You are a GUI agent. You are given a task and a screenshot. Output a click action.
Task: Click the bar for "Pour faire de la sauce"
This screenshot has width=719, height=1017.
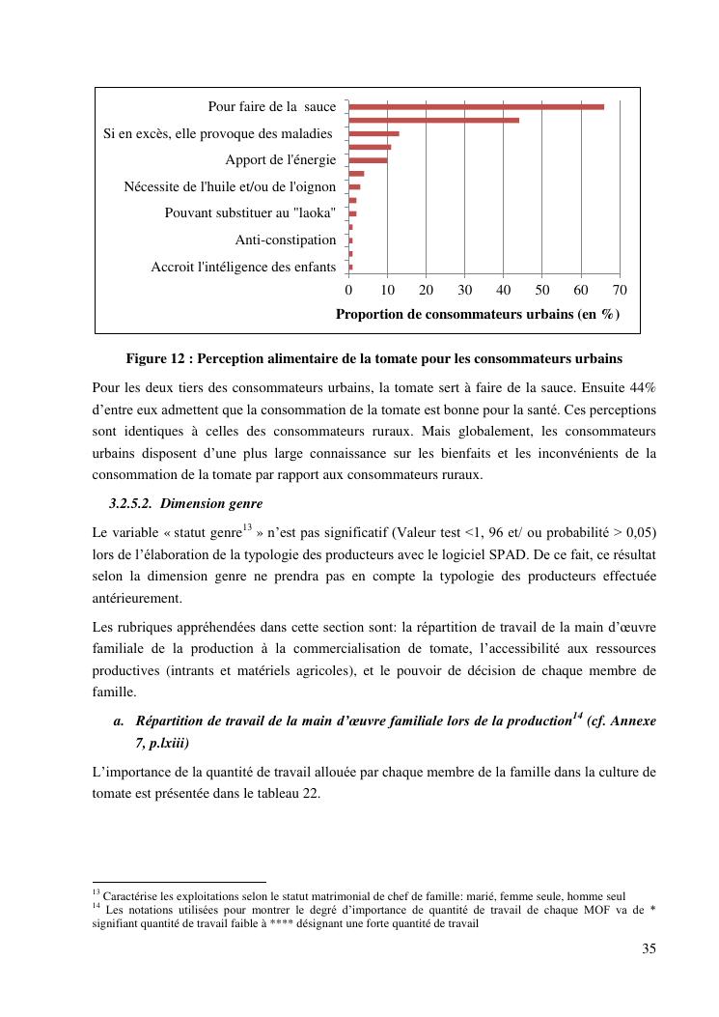pos(476,106)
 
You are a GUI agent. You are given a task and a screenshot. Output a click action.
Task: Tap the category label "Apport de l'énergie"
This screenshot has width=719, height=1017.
pos(280,159)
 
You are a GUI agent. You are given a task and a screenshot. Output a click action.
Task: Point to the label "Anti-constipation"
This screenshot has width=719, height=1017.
pos(286,240)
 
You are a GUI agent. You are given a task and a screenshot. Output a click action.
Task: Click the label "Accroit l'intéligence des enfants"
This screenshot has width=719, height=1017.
pos(243,267)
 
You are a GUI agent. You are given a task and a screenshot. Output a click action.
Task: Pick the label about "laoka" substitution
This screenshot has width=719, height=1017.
pos(250,212)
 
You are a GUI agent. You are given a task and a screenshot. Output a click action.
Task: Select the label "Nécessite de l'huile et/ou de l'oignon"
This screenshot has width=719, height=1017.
pos(230,186)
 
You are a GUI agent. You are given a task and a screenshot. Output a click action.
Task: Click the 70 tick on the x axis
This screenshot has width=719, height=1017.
pos(620,290)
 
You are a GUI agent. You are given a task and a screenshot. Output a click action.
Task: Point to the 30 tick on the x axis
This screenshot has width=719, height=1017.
pos(465,290)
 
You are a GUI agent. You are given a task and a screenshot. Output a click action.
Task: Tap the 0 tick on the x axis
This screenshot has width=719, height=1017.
pos(348,290)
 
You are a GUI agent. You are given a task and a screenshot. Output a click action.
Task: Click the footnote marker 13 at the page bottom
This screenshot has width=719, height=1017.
pos(96,893)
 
